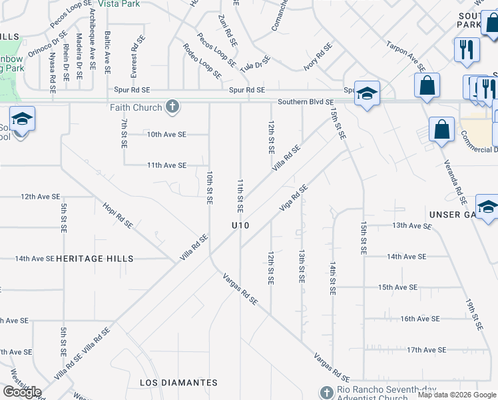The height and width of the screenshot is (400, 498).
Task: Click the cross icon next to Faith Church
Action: click(x=172, y=107)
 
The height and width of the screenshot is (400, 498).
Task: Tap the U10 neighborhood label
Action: click(x=240, y=226)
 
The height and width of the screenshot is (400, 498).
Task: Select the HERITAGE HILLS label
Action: click(x=95, y=259)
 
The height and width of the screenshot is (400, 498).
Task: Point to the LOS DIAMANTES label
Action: click(x=178, y=383)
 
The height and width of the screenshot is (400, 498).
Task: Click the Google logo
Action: click(x=22, y=393)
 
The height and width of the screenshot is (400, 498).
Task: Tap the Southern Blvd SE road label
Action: click(x=306, y=102)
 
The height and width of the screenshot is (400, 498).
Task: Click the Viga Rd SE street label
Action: click(x=294, y=197)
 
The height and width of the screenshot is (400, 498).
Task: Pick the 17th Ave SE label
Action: click(x=426, y=349)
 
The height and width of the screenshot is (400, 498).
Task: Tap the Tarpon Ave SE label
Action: click(x=405, y=55)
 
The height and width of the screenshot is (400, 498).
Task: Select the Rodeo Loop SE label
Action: click(x=202, y=61)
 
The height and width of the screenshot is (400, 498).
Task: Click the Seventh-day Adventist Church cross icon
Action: click(x=326, y=393)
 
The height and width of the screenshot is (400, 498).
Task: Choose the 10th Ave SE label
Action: click(x=166, y=134)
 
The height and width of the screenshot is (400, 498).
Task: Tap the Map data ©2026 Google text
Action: click(x=457, y=395)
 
